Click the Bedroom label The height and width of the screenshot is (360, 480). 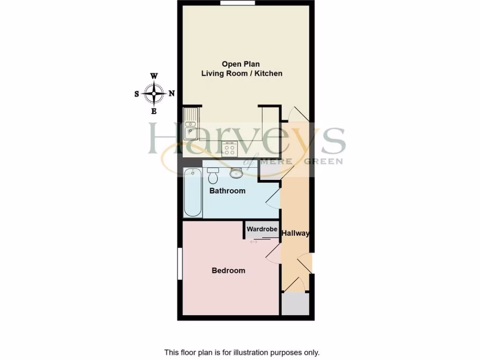pos(228,270)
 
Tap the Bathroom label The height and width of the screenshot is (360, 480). pos(227,191)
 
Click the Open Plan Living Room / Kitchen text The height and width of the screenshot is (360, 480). pos(241,69)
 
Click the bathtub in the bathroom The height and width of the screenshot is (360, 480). pos(193,192)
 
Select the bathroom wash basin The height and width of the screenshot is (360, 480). pos(237,173)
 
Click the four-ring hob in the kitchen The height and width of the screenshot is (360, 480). pos(230,149)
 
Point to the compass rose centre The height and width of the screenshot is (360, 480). pos(154,93)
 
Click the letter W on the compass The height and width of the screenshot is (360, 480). pos(154,76)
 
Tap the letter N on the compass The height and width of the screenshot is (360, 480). pos(172,93)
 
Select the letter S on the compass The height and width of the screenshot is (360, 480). pos(137,94)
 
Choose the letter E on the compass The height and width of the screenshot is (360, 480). pos(154,111)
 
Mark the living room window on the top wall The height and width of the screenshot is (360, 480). pos(235,3)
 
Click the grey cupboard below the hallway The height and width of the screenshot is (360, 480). pos(295,304)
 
